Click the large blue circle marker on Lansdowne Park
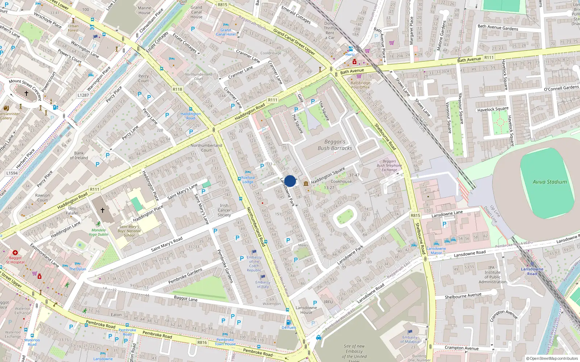click(290, 181)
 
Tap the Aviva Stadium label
click(550, 182)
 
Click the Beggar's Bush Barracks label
click(335, 145)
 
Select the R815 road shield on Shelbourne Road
click(415, 215)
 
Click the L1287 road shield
click(83, 95)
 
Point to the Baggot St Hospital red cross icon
click(15, 253)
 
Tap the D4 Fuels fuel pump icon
click(289, 322)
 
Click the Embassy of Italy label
click(263, 285)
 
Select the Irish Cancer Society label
click(224, 210)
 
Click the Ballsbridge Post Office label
click(360, 85)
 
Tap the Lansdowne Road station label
click(532, 271)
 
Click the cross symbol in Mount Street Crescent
click(26, 93)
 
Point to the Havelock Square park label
click(493, 109)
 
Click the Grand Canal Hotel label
click(225, 32)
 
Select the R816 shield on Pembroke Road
click(202, 342)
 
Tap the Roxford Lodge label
click(248, 180)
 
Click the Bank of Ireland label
click(79, 156)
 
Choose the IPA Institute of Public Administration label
click(492, 275)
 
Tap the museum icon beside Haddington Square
click(306, 184)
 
